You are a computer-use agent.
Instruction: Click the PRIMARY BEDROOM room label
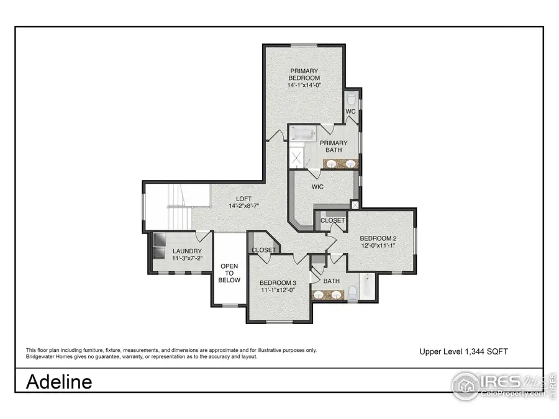click(x=304, y=74)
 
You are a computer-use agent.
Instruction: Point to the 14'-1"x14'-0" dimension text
click(x=304, y=84)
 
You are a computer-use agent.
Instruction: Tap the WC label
click(x=350, y=112)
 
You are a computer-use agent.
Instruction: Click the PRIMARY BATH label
click(x=334, y=146)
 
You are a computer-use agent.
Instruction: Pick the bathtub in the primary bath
click(x=304, y=133)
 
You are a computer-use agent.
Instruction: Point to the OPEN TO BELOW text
click(x=229, y=273)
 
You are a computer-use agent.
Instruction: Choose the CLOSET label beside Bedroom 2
click(x=333, y=220)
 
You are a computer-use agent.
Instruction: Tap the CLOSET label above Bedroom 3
click(x=263, y=250)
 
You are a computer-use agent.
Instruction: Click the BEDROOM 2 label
click(x=378, y=238)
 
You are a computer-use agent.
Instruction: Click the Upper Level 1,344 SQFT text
click(x=463, y=351)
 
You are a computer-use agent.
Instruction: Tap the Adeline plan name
click(x=59, y=381)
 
